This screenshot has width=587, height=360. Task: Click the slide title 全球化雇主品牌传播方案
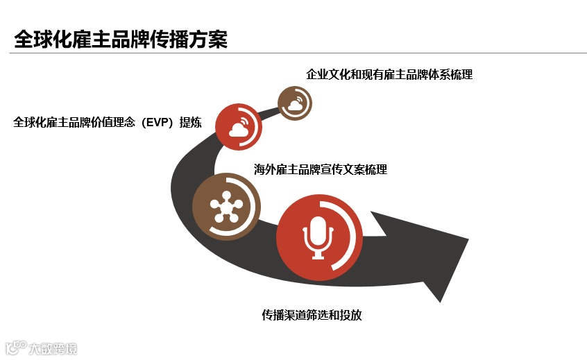click(121, 39)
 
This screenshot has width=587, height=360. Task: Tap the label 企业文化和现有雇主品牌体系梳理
click(389, 74)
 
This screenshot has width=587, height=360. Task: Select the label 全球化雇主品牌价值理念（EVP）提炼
click(108, 123)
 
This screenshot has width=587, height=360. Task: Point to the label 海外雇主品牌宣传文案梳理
click(321, 169)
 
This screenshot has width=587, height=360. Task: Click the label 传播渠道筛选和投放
click(312, 315)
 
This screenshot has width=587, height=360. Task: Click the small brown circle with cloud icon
click(294, 104)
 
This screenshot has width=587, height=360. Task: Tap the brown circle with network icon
click(226, 206)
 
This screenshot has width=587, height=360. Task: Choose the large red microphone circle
click(319, 238)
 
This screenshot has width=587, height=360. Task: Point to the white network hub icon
click(225, 206)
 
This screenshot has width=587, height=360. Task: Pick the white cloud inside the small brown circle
click(294, 105)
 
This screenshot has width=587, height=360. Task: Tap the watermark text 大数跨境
click(53, 348)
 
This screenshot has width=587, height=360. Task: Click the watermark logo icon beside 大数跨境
click(15, 347)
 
